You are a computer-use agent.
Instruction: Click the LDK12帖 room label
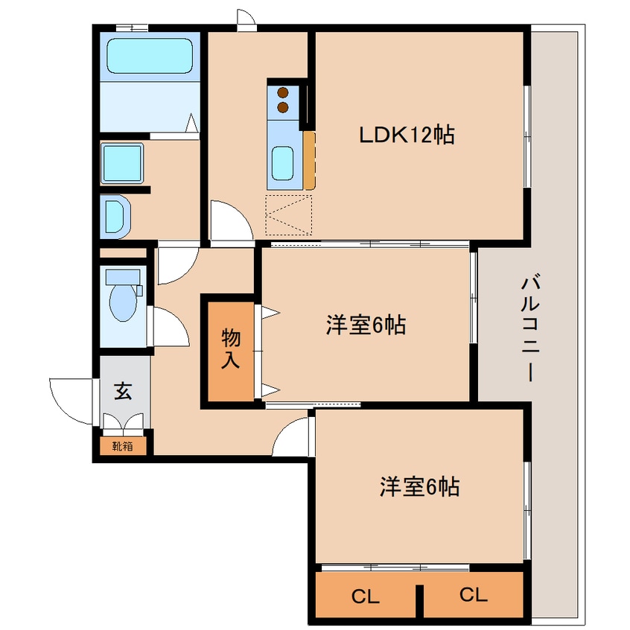407,135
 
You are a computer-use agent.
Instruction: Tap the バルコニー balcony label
530,328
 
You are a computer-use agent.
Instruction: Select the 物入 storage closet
231,349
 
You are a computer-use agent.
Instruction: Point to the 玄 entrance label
123,392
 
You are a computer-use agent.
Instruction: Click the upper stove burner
283,93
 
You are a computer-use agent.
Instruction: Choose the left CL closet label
366,596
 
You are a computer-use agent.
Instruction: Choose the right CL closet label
473,595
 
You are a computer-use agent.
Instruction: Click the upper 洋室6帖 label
365,325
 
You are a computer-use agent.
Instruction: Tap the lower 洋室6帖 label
419,487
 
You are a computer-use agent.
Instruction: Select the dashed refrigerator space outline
288,215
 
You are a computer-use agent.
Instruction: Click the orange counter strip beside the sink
309,160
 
